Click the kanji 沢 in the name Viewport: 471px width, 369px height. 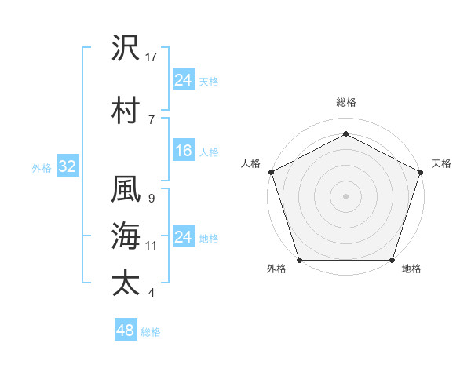[126, 49]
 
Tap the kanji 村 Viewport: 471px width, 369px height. [126, 109]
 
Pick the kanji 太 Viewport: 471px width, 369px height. [126, 283]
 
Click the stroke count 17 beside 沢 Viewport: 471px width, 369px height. [152, 58]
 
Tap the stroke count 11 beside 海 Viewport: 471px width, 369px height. [152, 246]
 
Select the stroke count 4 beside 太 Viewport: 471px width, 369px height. [150, 294]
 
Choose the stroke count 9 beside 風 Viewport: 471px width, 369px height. [150, 199]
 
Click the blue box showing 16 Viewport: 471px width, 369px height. [183, 152]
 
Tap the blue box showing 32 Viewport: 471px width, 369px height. [67, 166]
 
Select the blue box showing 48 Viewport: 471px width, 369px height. [125, 331]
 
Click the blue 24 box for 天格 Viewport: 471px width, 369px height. [183, 80]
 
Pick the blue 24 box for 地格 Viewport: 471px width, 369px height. [183, 238]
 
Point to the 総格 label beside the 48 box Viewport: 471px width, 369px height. [151, 332]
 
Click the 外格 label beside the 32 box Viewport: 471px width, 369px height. [42, 167]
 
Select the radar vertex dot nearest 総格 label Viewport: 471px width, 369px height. [345, 134]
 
